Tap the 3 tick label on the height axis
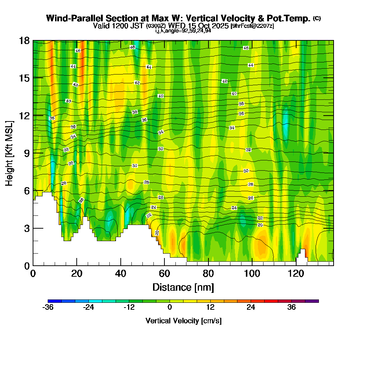click(x=26, y=228)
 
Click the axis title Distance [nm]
click(x=183, y=287)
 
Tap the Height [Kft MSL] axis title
click(x=10, y=153)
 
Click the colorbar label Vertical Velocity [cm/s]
click(x=183, y=321)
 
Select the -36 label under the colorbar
click(x=48, y=308)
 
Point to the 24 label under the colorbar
click(x=251, y=308)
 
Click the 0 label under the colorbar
click(x=170, y=308)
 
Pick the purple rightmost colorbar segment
click(x=312, y=301)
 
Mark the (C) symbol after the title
click(x=317, y=18)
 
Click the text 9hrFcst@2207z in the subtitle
click(x=252, y=26)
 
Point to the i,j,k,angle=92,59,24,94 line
click(x=183, y=31)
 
